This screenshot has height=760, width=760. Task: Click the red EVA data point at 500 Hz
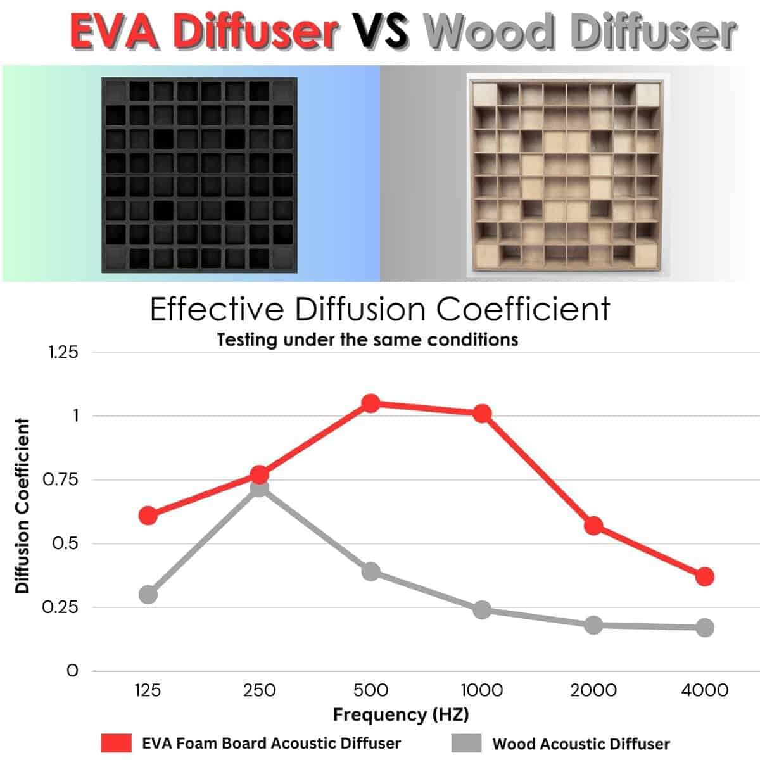(370, 403)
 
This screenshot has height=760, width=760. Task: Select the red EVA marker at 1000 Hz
(482, 414)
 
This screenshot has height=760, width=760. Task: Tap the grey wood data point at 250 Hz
(259, 488)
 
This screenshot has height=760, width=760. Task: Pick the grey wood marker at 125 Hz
(148, 595)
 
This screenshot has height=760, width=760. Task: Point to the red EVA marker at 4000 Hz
(705, 576)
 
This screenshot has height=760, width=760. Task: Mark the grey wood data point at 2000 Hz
(593, 625)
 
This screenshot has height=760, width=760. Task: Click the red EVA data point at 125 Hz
(148, 515)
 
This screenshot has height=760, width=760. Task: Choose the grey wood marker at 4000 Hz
(705, 628)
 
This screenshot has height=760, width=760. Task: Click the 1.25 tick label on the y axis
(63, 352)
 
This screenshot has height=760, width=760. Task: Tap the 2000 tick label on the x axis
(593, 690)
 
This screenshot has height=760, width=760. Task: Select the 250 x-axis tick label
(259, 690)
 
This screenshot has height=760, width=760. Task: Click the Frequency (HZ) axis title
(401, 715)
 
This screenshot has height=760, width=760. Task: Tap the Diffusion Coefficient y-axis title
(23, 505)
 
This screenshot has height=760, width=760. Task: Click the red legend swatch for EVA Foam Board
(117, 743)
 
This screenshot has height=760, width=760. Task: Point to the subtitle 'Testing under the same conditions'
(367, 339)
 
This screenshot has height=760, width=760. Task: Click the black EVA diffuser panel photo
(199, 175)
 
